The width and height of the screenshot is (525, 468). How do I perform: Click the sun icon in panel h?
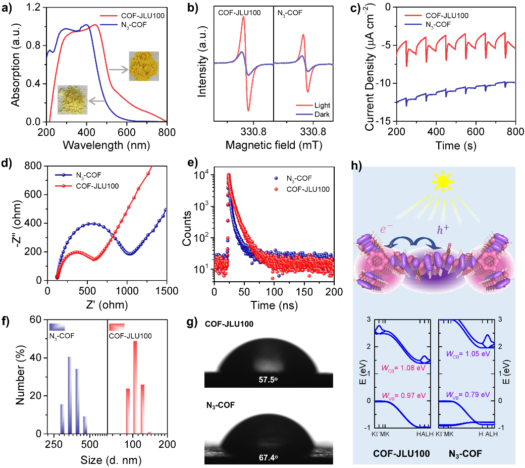tap(442, 182)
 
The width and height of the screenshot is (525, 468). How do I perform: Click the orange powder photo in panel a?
tap(143, 66)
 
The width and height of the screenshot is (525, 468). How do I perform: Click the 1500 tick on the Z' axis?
tap(166, 291)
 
